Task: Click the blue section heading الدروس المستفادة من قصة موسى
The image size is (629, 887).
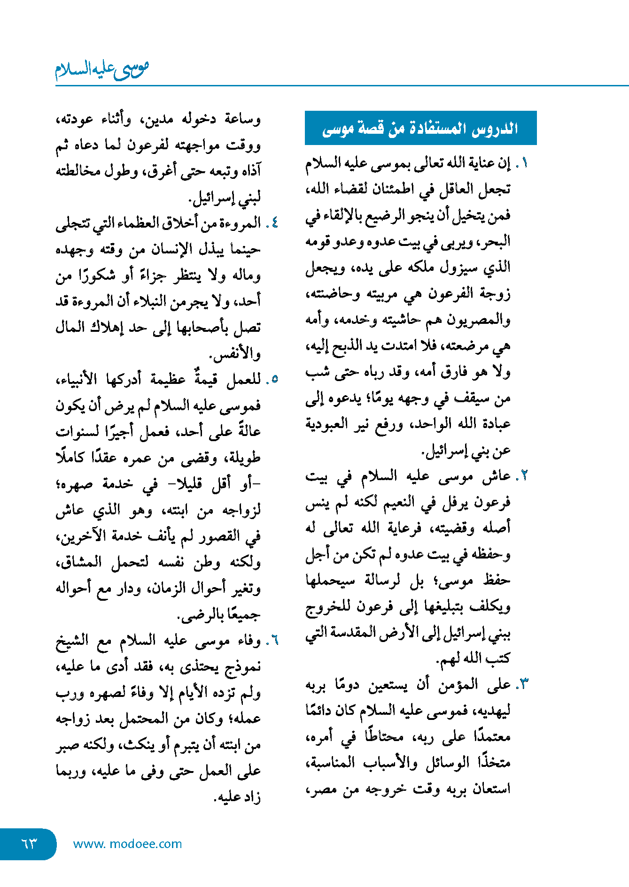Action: pyautogui.click(x=420, y=128)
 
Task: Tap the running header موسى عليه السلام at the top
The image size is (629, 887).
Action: pyautogui.click(x=102, y=69)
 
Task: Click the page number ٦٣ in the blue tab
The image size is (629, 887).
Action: pyautogui.click(x=29, y=843)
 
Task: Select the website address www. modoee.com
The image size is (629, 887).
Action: pyautogui.click(x=127, y=844)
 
